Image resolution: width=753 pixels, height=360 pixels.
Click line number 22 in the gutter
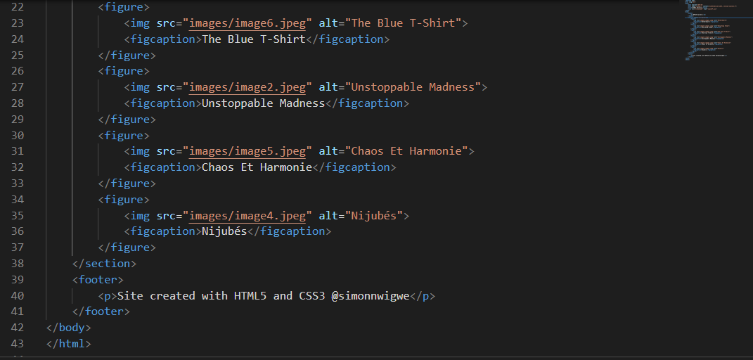(x=17, y=7)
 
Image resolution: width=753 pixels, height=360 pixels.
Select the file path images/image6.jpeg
(x=248, y=23)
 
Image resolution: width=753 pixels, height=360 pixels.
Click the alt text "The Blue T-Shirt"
(x=406, y=23)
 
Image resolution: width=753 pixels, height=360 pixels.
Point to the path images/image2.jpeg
(x=248, y=87)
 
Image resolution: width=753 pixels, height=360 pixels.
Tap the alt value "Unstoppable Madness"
(x=416, y=87)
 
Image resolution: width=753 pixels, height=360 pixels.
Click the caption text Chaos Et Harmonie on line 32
(x=257, y=167)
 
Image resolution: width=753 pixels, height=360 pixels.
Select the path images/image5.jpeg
(x=248, y=151)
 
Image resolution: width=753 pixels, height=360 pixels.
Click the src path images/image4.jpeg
(x=248, y=216)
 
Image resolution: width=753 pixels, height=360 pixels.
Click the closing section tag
(x=104, y=264)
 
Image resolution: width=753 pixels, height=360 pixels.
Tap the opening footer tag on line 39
(x=98, y=280)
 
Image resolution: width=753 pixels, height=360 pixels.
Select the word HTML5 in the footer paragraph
(x=250, y=296)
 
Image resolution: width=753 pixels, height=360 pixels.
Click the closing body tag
(x=69, y=328)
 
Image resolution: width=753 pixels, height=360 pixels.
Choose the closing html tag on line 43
(x=69, y=344)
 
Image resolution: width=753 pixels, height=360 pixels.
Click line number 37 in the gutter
(x=17, y=247)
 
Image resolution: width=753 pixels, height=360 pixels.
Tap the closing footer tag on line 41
(x=101, y=311)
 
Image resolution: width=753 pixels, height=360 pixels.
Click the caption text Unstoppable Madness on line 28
(x=263, y=103)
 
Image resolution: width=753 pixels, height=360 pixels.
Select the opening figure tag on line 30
(x=124, y=135)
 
